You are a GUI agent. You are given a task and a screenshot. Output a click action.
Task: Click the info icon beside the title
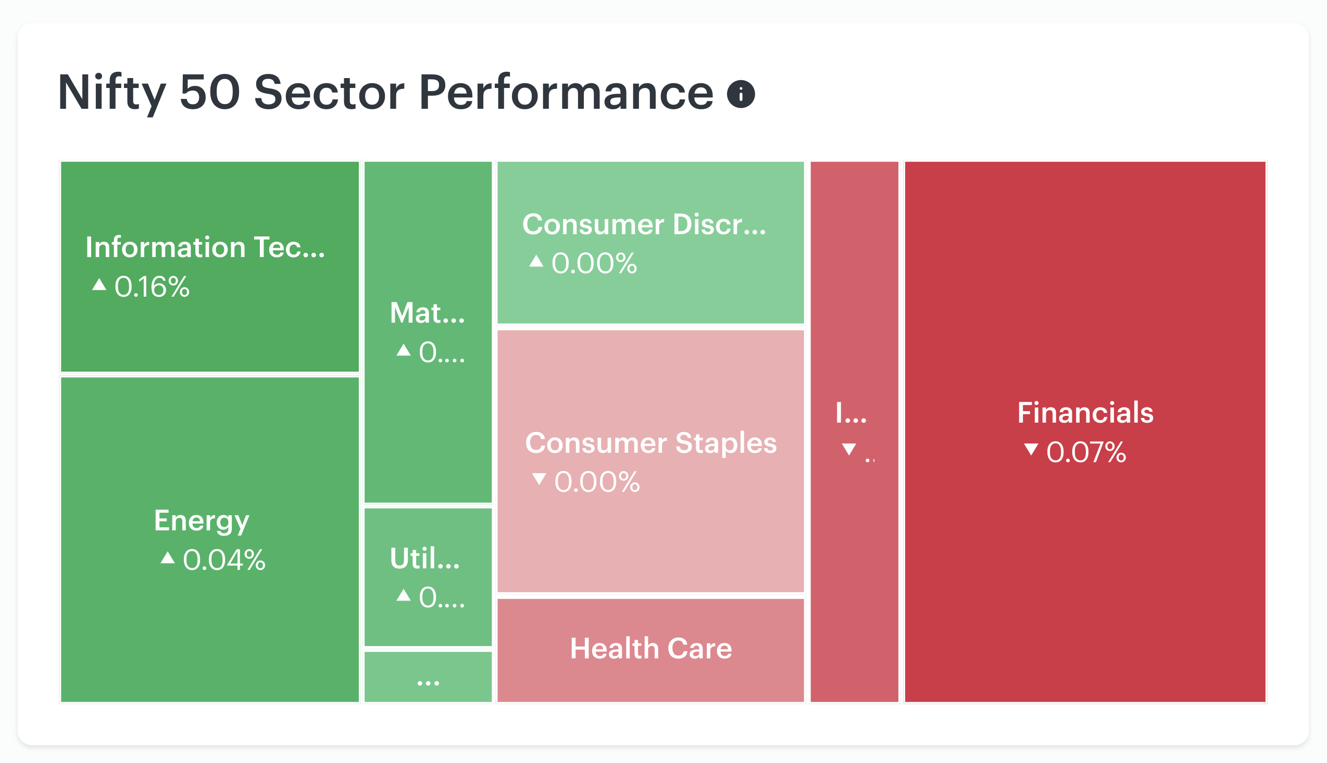(740, 94)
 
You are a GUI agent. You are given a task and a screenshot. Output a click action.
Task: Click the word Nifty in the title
(111, 93)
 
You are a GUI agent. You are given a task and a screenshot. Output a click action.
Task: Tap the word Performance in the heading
(566, 92)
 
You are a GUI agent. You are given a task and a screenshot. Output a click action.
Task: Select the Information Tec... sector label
(205, 247)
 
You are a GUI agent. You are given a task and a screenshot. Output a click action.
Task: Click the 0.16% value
(152, 287)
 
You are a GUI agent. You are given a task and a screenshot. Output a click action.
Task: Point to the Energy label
(202, 522)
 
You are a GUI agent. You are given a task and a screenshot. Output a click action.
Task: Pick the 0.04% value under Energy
(224, 559)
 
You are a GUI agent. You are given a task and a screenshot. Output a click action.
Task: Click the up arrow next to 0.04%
(167, 557)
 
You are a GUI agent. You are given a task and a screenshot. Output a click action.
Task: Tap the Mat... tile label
(427, 313)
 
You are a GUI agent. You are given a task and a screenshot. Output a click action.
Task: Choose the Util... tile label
(424, 558)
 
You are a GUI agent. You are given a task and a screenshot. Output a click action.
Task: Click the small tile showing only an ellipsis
(428, 676)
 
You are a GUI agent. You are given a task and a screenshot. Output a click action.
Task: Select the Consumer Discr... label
(644, 224)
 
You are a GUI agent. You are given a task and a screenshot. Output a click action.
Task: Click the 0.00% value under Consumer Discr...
(594, 263)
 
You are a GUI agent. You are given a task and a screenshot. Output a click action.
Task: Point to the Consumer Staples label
(650, 443)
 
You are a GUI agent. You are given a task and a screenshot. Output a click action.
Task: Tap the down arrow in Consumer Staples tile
(539, 479)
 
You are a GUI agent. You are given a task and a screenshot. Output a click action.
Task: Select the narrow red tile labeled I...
(854, 431)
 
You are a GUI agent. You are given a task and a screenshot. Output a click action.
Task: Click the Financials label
(1085, 412)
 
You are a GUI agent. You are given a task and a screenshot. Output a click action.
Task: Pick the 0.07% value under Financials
(1086, 452)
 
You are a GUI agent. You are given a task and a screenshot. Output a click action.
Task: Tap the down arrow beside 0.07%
(1031, 449)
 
